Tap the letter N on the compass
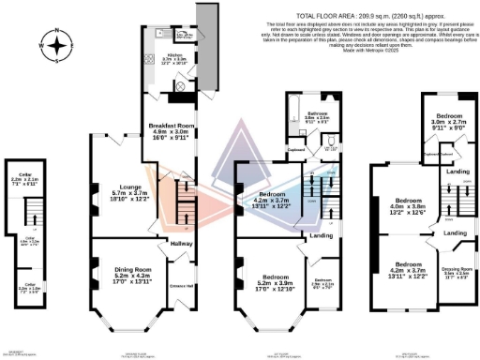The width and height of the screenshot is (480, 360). click(58, 31)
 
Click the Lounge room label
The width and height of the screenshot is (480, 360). click(124, 186)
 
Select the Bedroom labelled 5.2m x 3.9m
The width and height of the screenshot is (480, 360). click(275, 277)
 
